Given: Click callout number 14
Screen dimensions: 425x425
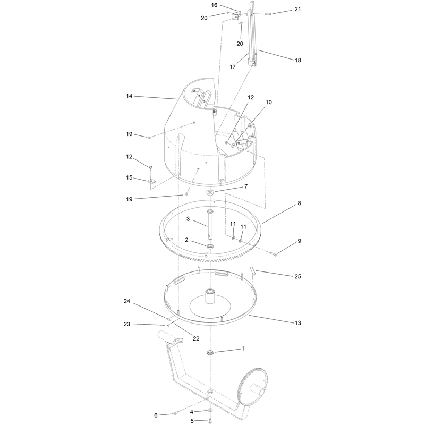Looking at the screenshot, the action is click(x=129, y=96).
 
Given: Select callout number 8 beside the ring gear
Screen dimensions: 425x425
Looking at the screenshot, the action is click(x=299, y=203).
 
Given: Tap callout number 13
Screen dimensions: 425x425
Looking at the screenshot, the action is click(x=298, y=323).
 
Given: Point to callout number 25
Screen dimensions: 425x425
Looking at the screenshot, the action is click(x=298, y=276).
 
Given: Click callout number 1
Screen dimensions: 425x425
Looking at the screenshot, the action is click(x=243, y=348).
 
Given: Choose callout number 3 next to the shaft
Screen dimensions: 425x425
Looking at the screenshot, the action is click(x=188, y=219).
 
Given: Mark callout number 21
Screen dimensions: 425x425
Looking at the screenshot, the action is click(x=297, y=9).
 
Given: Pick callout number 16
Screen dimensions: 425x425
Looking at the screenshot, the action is click(x=214, y=5).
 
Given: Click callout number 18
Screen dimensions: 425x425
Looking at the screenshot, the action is click(x=298, y=60).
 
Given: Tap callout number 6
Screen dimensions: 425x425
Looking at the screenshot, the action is click(x=156, y=415).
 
